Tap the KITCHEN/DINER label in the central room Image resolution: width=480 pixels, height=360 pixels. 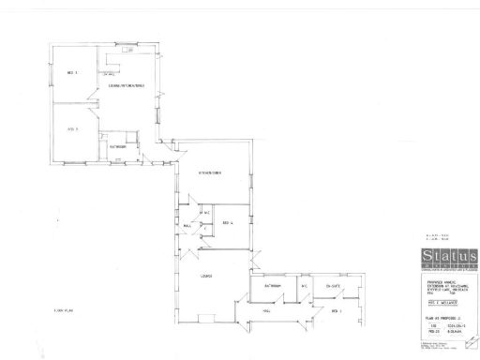[x=209, y=175]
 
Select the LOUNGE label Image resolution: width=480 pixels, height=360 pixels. [x=206, y=275]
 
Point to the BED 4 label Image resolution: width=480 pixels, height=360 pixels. [x=227, y=222]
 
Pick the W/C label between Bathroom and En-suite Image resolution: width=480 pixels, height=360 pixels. [x=304, y=285]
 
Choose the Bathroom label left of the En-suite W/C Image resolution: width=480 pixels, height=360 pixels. [x=274, y=285]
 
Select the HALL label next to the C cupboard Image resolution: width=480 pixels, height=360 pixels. [x=187, y=226]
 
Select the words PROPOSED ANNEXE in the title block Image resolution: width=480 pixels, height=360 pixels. [x=432, y=282]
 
